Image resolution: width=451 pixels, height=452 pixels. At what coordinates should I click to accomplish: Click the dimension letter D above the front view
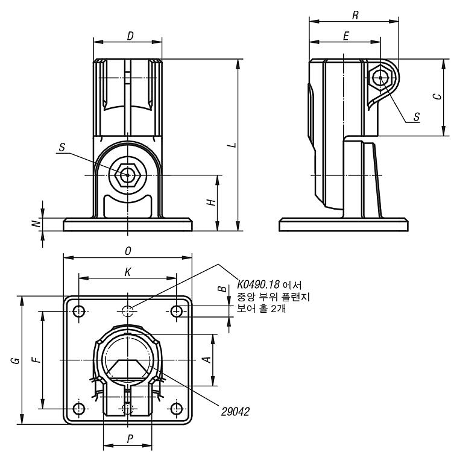coord(130,36)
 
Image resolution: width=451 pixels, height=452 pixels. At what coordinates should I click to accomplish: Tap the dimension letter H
coord(212,202)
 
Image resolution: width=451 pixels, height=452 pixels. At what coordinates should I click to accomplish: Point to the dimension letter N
coord(36,224)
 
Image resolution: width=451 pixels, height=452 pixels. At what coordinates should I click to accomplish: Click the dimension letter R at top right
coord(355,15)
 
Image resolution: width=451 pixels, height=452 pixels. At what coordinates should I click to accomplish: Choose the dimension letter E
coord(346,36)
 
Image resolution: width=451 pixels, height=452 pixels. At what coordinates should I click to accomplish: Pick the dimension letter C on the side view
coord(438,96)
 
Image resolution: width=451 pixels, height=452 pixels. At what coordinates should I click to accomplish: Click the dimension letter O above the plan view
coord(128,251)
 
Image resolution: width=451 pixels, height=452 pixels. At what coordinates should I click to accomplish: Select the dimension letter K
coord(128,272)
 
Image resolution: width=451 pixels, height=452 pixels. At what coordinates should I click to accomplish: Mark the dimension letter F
coord(36,360)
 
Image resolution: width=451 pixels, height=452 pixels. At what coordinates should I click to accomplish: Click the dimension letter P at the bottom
coord(130,439)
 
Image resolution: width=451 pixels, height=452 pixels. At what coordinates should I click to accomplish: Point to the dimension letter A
coord(207,359)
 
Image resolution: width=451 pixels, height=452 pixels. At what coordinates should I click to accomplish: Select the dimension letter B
coord(222,289)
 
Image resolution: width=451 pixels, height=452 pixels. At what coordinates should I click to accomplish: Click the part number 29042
coord(235,412)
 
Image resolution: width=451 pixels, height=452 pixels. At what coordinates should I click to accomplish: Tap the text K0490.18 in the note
coord(259,285)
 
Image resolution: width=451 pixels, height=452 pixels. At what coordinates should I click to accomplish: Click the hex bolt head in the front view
coord(127,175)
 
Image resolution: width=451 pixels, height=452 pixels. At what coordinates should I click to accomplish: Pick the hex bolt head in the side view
coord(380,78)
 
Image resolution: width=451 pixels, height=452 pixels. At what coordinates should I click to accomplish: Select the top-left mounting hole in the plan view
coord(79,312)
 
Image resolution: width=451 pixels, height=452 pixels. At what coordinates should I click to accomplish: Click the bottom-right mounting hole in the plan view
coord(177,409)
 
